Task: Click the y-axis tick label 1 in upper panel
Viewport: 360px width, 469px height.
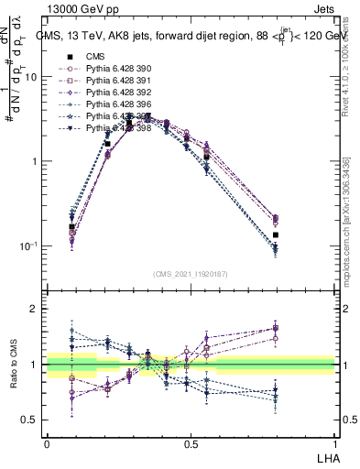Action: coord(35,162)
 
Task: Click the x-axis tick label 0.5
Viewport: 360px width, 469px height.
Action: coord(191,443)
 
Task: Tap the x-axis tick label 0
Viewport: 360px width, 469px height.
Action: coord(47,443)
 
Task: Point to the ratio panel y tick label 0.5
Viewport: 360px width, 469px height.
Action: coord(30,420)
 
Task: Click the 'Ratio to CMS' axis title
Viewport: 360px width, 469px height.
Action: coord(13,365)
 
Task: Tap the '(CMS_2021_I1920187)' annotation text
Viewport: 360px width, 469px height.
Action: coord(190,272)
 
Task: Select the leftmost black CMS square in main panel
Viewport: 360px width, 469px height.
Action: coord(71,226)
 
